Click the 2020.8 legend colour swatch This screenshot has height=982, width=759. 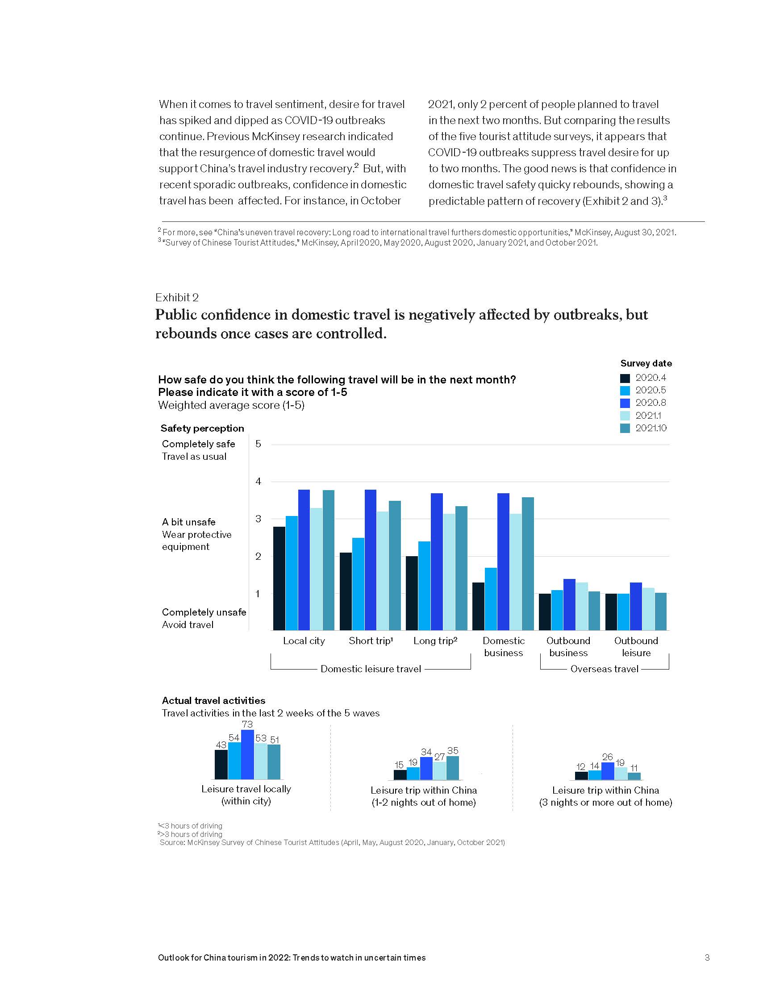(625, 403)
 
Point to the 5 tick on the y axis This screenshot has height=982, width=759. (258, 444)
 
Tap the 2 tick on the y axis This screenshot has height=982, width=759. (258, 556)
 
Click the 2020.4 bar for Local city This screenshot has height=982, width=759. (279, 578)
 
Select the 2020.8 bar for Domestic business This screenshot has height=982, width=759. (503, 562)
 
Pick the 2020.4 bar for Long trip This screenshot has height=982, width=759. (412, 593)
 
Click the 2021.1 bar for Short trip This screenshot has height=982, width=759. (383, 570)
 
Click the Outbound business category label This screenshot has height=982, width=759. (568, 647)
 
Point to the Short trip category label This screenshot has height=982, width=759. (371, 641)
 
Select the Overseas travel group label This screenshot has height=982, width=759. (605, 669)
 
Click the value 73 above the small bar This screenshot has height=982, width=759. (247, 724)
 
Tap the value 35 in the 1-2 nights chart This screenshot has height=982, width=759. (453, 751)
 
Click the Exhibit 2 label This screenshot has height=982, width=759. (177, 297)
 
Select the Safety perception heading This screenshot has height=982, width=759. (202, 428)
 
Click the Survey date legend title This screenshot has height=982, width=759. (646, 363)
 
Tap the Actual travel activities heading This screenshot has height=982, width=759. (213, 700)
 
